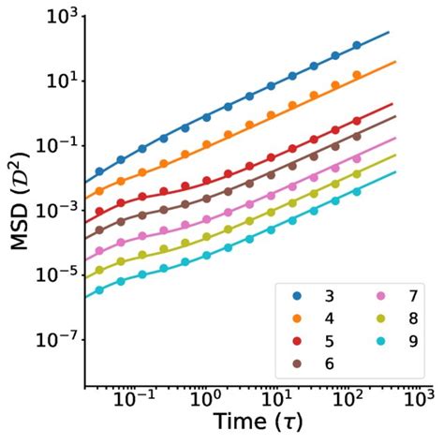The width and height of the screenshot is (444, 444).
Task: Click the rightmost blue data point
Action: tap(357, 46)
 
